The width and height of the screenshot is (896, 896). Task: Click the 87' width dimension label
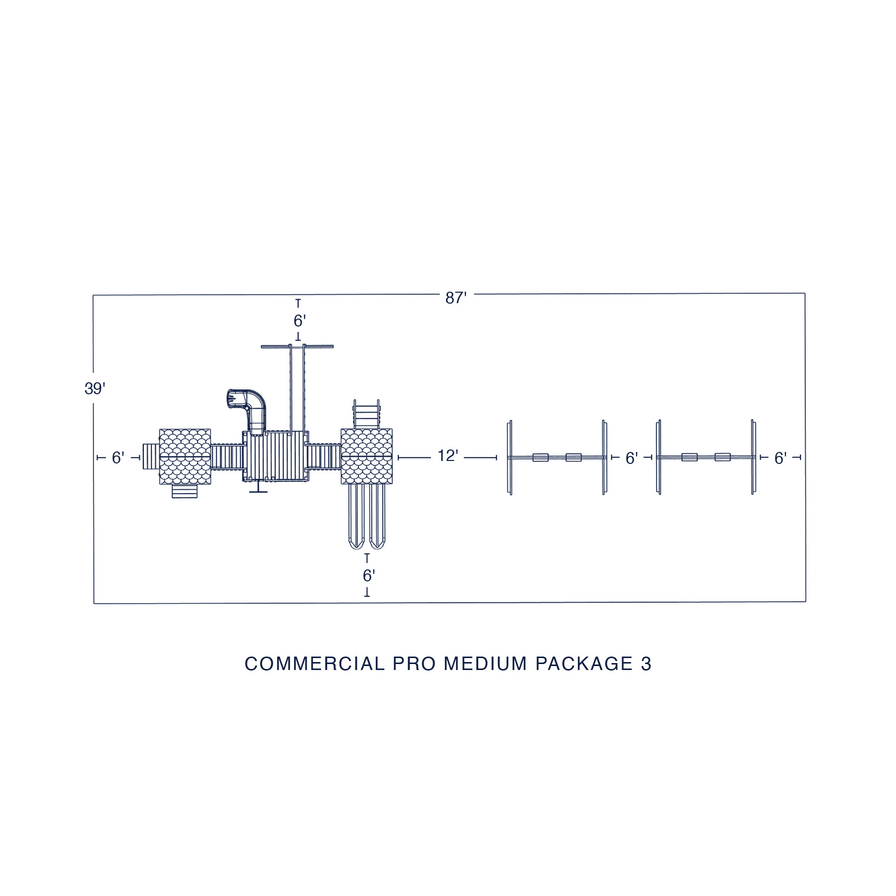(x=455, y=298)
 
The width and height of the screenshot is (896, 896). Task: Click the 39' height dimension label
(x=95, y=389)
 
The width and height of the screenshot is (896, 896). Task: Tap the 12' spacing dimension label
(x=448, y=455)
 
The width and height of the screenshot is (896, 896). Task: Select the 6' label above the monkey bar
(x=299, y=321)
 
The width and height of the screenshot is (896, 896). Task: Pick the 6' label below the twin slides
(x=368, y=576)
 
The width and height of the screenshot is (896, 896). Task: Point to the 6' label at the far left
(x=118, y=458)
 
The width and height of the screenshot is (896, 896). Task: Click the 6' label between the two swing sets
(x=631, y=458)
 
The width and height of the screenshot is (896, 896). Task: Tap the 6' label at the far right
(x=780, y=458)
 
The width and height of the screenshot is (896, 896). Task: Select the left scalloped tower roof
(x=185, y=457)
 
